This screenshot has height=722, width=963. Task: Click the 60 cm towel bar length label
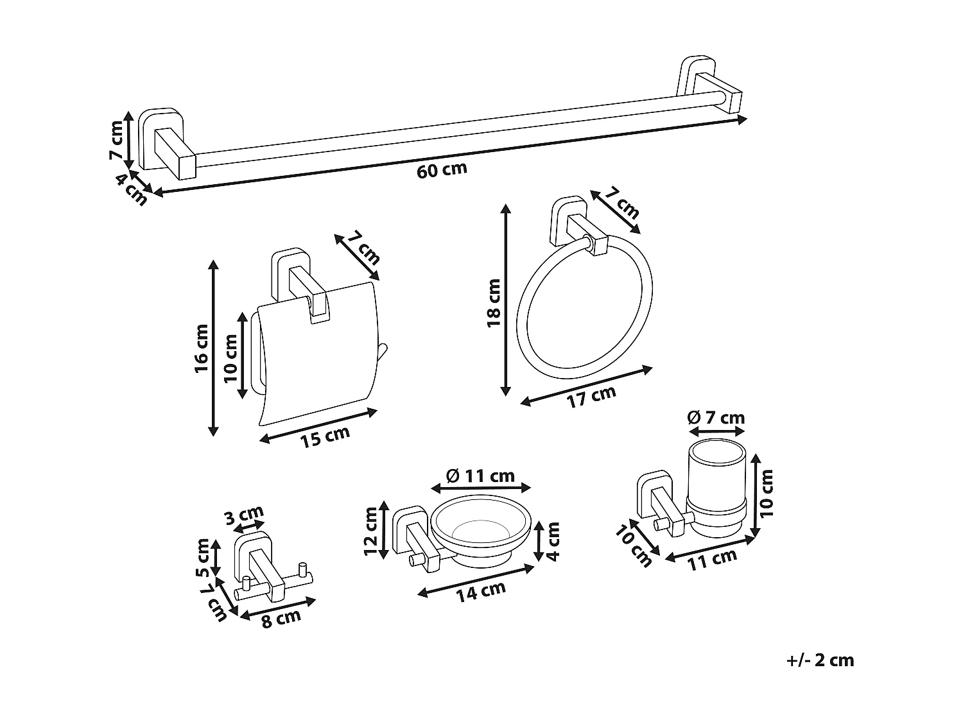click(x=442, y=171)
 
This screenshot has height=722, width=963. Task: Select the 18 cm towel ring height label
click(x=493, y=302)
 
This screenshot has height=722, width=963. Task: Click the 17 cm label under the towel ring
click(x=591, y=397)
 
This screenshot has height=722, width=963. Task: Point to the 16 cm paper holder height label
click(x=202, y=350)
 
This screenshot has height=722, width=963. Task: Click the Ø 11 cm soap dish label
click(x=480, y=476)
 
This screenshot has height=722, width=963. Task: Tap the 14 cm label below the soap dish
click(x=481, y=591)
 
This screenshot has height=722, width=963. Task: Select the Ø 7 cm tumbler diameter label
click(x=716, y=418)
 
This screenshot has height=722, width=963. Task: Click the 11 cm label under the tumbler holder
click(x=712, y=560)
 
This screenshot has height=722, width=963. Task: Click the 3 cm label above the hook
click(x=244, y=517)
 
